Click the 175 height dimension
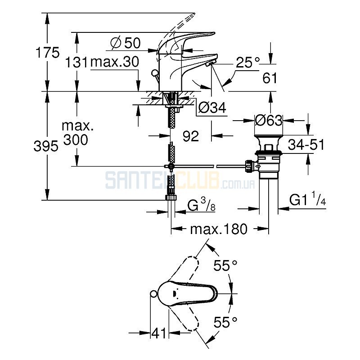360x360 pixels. pos(48,53)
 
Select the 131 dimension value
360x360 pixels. pos(76,62)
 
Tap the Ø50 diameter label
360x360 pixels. pos(126,43)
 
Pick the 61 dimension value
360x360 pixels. pos(270,78)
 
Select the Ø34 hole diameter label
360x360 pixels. pos(212,107)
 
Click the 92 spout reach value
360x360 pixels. pos(191,136)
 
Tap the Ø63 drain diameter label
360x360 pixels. pos(269,120)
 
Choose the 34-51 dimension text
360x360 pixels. pos(306,144)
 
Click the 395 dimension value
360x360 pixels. pos(46,146)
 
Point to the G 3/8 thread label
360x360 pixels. pos(201,205)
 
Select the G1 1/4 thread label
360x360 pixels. pos(307,199)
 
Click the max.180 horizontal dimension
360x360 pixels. pos(219,229)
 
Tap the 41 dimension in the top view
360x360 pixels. pos(159,333)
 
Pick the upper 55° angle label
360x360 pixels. pos(225,265)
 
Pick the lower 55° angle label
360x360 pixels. pos(225,322)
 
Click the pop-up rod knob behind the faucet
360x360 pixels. pos(155,73)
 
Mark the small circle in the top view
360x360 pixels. pos(153,293)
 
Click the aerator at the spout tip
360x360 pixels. pos(210,64)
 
